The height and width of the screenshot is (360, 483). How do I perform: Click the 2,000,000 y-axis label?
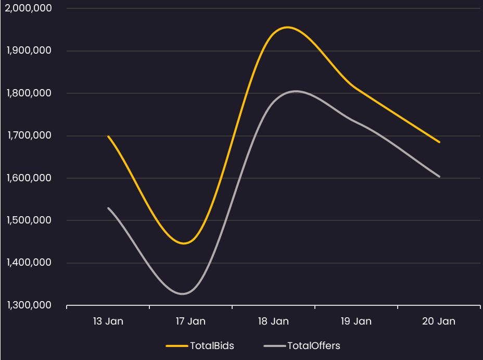click(x=28, y=8)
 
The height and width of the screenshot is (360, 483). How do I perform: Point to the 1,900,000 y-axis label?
click(x=29, y=50)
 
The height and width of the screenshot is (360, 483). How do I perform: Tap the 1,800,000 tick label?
click(x=29, y=93)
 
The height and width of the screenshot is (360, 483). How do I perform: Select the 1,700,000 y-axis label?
click(x=29, y=135)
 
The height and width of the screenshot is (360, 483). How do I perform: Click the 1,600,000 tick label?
click(x=29, y=178)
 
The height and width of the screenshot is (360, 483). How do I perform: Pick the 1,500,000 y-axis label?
click(x=29, y=220)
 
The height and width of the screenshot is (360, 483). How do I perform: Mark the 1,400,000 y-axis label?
click(x=29, y=262)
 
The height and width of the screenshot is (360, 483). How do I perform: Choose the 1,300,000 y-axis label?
click(x=29, y=305)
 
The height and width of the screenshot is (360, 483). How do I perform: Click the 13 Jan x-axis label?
click(x=108, y=321)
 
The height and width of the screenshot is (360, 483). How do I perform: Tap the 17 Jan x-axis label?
click(x=190, y=321)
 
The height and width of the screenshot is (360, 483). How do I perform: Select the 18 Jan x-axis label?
click(x=273, y=321)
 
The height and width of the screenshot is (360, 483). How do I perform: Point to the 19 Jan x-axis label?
click(x=356, y=321)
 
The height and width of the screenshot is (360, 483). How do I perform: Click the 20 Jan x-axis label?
click(x=439, y=321)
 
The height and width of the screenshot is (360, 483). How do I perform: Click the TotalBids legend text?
click(x=212, y=346)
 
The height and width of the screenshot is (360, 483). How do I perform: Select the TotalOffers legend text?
click(x=313, y=346)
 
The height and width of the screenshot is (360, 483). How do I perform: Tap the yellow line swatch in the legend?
click(x=177, y=346)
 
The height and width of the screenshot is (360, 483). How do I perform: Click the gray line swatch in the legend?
click(x=275, y=346)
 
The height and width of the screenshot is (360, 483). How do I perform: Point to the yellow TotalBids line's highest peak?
click(x=287, y=28)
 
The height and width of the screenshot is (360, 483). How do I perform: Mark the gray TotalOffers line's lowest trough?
click(x=182, y=294)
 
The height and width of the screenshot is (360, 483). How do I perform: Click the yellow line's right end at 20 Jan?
click(x=439, y=142)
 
